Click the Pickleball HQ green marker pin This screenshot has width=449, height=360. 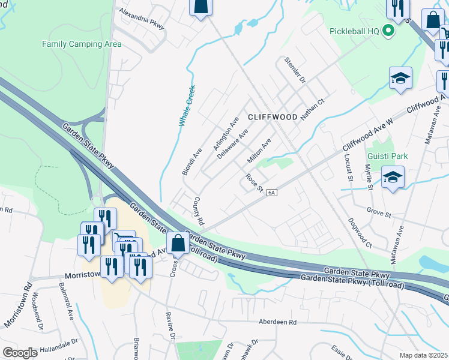388,31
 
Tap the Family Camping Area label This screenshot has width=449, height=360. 82,44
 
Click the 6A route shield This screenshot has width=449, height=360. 272,192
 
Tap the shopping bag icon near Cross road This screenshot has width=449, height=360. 178,244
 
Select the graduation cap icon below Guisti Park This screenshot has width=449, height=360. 393,177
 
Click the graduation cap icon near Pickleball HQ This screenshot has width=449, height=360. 400,78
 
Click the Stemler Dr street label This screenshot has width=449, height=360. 295,71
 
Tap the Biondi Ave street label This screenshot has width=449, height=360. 193,161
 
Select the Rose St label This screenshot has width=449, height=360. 255,184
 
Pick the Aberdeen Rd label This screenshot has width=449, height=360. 278,322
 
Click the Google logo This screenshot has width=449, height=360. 20,352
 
